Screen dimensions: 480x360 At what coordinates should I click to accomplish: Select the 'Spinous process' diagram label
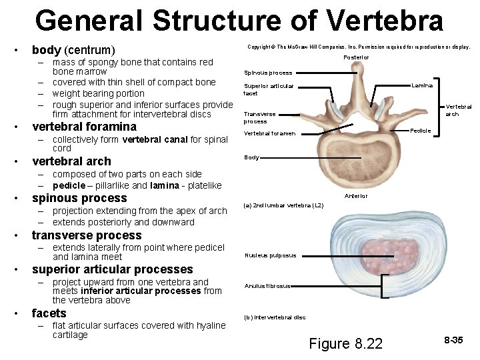pyautogui.click(x=268, y=73)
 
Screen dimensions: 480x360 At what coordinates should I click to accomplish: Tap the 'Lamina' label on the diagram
pyautogui.click(x=422, y=85)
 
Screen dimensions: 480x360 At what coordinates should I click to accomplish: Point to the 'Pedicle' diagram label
pyautogui.click(x=421, y=130)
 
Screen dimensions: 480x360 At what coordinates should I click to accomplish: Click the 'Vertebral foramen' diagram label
pyautogui.click(x=269, y=133)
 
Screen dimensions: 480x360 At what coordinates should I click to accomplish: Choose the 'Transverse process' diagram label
pyautogui.click(x=260, y=118)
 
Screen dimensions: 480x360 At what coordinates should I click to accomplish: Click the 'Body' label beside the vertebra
pyautogui.click(x=251, y=158)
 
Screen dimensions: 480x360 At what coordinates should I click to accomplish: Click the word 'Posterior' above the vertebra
pyautogui.click(x=356, y=57)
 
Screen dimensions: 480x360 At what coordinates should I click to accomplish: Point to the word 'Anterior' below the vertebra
pyautogui.click(x=356, y=196)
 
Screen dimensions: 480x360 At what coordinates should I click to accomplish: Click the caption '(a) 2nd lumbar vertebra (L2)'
pyautogui.click(x=283, y=205)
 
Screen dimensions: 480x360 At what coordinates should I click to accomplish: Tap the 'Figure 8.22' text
pyautogui.click(x=346, y=343)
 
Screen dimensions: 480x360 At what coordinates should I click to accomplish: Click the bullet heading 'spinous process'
pyautogui.click(x=79, y=198)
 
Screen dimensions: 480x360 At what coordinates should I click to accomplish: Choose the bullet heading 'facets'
pyautogui.click(x=49, y=313)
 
